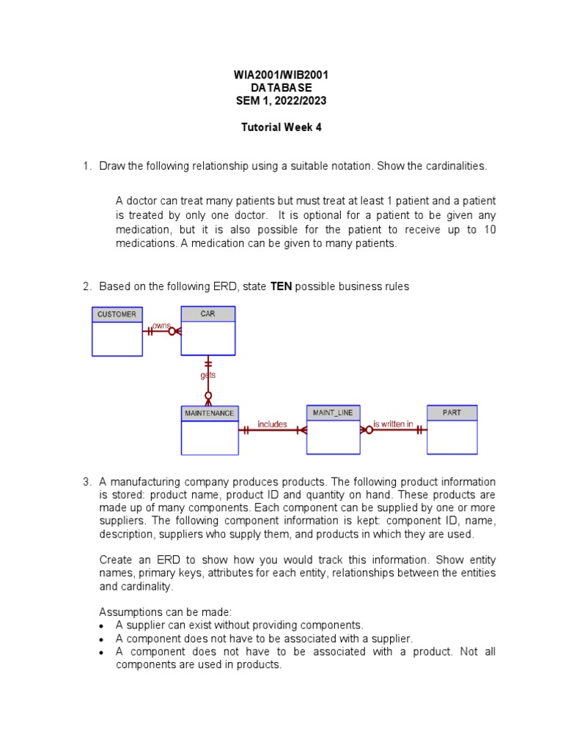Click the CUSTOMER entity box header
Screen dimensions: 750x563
[x=117, y=314]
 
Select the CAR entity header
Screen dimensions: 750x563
[x=208, y=313]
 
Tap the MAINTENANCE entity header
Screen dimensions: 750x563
[x=209, y=413]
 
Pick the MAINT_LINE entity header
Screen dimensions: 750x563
[x=333, y=413]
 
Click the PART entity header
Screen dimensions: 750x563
[x=452, y=413]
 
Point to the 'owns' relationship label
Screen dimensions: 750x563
[x=161, y=325]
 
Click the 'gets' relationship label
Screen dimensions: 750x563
[x=208, y=375]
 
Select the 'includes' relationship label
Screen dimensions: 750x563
[x=272, y=424]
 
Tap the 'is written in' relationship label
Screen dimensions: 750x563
[x=393, y=424]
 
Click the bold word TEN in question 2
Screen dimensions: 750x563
[x=281, y=286]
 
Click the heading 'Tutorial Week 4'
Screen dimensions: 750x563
[x=281, y=127]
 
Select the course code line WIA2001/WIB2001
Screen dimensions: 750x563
[x=281, y=75]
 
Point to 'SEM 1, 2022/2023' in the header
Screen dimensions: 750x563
[x=281, y=101]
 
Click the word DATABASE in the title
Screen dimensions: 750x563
[x=281, y=88]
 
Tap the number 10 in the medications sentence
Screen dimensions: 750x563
[x=490, y=229]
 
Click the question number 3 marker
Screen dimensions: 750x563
[x=87, y=482]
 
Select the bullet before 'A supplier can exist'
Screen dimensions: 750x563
[x=103, y=625]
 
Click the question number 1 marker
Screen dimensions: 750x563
[x=87, y=166]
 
